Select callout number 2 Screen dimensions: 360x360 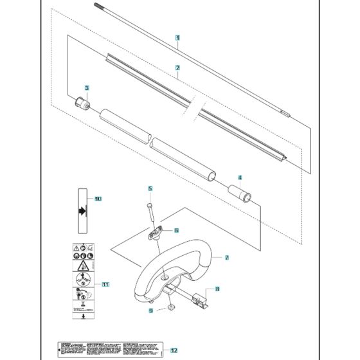176,67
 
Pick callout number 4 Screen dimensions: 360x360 239,178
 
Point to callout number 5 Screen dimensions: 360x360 150,188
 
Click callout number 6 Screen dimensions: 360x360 176,230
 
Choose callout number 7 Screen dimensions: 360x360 226,257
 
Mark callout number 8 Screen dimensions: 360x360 217,289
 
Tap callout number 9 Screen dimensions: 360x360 151,310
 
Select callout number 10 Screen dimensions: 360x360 98,199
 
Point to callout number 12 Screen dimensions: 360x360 174,350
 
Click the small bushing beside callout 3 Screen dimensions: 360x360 80,102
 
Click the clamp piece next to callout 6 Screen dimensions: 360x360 156,234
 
